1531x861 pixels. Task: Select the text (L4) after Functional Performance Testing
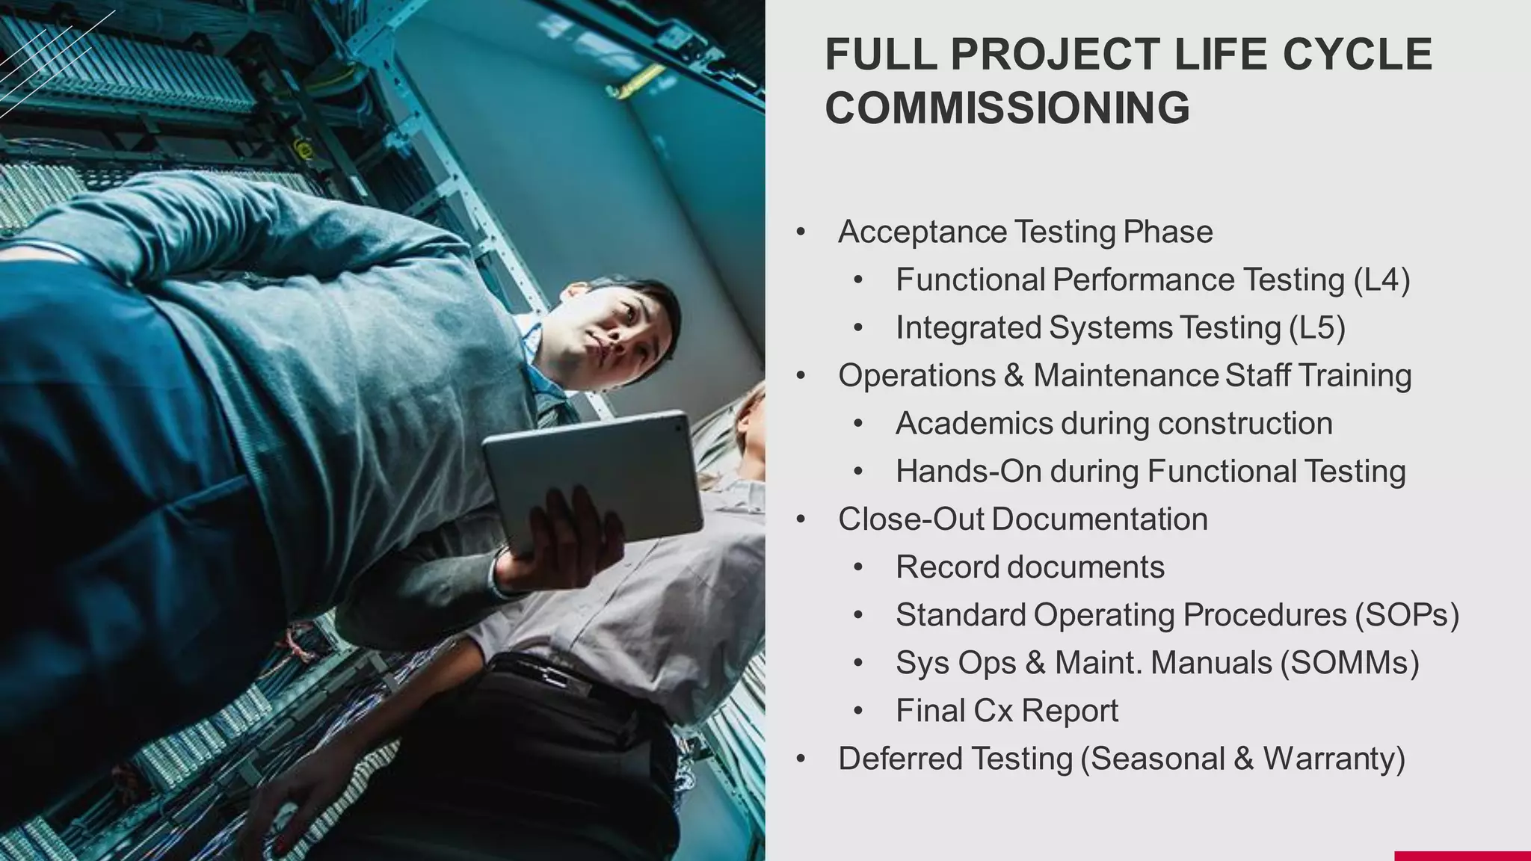tap(1381, 280)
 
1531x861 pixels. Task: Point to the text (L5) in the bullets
tap(1317, 328)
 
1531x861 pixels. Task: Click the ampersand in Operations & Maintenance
tap(1014, 376)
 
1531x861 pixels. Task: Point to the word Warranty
tap(1334, 759)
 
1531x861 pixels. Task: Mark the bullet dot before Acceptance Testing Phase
tap(801, 232)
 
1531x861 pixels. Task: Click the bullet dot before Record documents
tap(857, 567)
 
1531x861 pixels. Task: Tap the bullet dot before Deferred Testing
tap(801, 759)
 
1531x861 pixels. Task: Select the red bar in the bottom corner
tap(1461, 855)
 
